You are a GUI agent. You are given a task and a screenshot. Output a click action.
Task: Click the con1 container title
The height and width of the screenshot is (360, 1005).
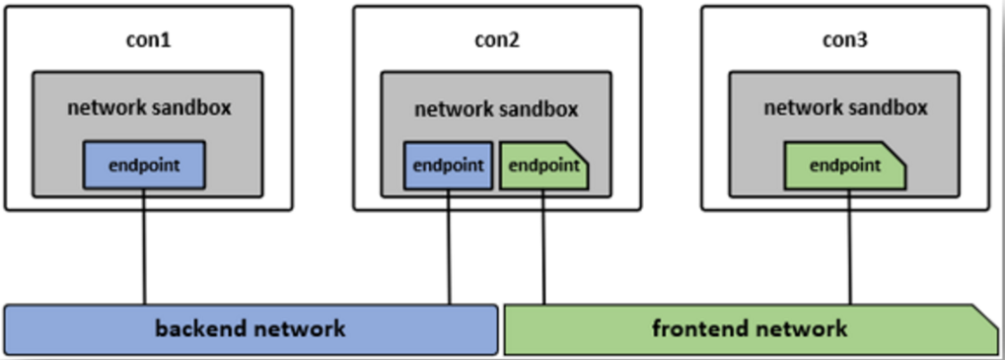pos(149,41)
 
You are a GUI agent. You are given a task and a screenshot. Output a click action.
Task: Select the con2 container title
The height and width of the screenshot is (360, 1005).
pos(496,41)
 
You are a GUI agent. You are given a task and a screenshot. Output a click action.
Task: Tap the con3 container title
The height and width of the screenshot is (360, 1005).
pos(844,41)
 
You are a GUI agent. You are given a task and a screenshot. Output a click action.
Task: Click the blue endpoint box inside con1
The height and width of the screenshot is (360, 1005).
pos(144,165)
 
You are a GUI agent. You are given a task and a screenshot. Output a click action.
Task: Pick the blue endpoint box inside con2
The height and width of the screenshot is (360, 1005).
pos(448,166)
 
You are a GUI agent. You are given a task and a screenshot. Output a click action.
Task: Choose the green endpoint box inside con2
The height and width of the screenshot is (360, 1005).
pos(544,166)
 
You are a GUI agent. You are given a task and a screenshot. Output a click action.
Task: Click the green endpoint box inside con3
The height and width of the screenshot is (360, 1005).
pos(845,166)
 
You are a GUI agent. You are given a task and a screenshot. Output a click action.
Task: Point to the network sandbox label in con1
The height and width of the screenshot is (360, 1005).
pos(149,107)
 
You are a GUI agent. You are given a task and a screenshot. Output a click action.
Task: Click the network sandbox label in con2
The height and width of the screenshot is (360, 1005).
pos(496,109)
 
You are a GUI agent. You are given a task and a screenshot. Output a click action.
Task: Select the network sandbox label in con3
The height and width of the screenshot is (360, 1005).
pos(845,108)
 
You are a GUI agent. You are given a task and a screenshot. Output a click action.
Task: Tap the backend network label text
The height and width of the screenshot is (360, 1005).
pos(250,328)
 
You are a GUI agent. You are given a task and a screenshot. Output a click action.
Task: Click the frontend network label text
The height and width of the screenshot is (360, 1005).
pos(749,328)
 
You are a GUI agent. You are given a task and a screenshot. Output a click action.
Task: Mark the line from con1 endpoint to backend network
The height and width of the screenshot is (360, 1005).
pos(144,247)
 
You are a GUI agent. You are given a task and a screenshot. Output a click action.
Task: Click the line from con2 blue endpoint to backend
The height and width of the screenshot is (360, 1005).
pos(449,247)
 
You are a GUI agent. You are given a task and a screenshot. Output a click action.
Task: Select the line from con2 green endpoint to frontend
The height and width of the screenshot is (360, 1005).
pos(544,247)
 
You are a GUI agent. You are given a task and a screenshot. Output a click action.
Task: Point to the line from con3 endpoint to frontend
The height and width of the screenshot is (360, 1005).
pos(850,247)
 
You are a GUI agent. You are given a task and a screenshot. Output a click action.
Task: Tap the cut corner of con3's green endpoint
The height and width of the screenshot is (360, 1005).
pos(898,151)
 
